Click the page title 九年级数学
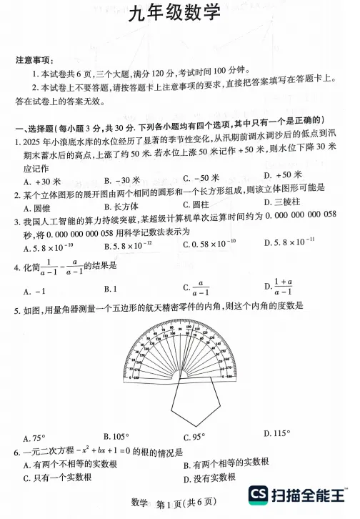[x=175, y=29]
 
